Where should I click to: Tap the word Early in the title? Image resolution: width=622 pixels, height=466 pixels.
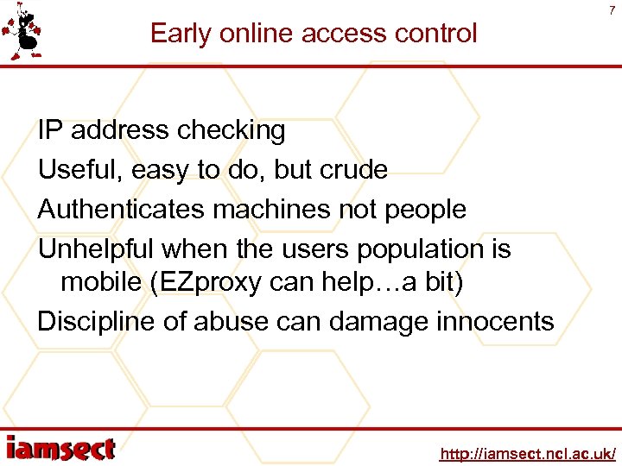[180, 34]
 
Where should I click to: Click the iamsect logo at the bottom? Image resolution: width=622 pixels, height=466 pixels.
[60, 448]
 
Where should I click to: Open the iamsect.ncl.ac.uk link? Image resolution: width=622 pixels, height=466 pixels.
[528, 453]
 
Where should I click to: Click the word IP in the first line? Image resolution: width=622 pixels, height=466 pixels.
[50, 130]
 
